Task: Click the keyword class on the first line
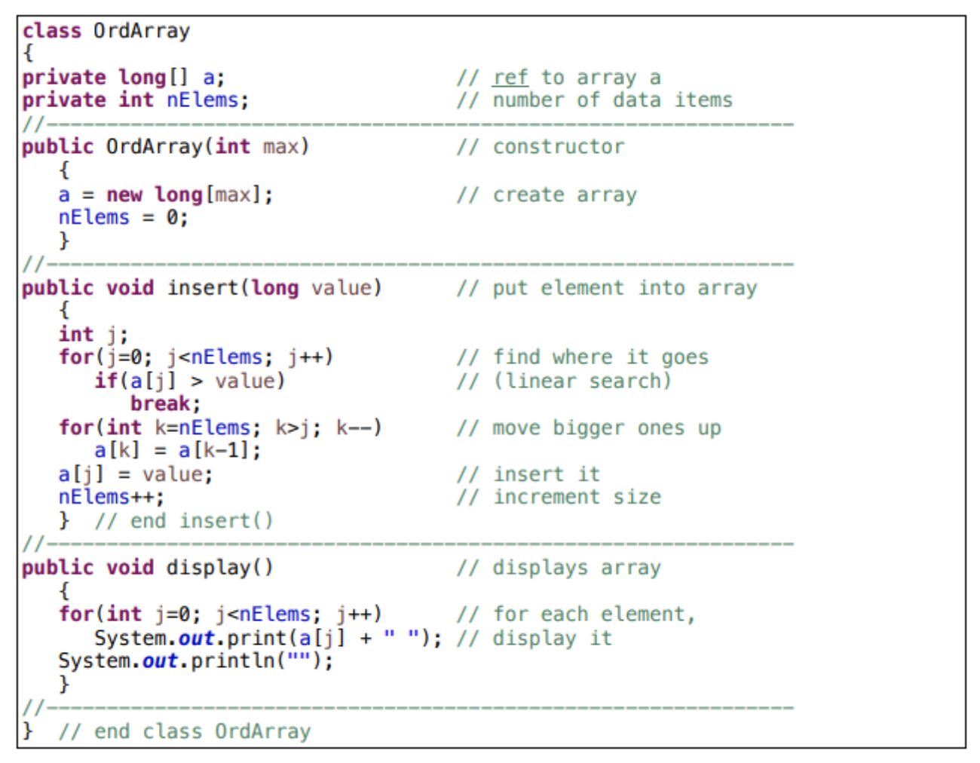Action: coord(51,31)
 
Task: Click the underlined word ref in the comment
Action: coord(510,78)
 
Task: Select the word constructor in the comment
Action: coord(559,147)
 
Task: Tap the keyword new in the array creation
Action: coord(124,195)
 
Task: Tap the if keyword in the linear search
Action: coord(106,381)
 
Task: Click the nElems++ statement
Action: coord(111,497)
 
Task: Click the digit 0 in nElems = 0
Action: coord(173,218)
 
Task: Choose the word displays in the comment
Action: coord(540,567)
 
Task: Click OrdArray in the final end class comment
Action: coord(262,731)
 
